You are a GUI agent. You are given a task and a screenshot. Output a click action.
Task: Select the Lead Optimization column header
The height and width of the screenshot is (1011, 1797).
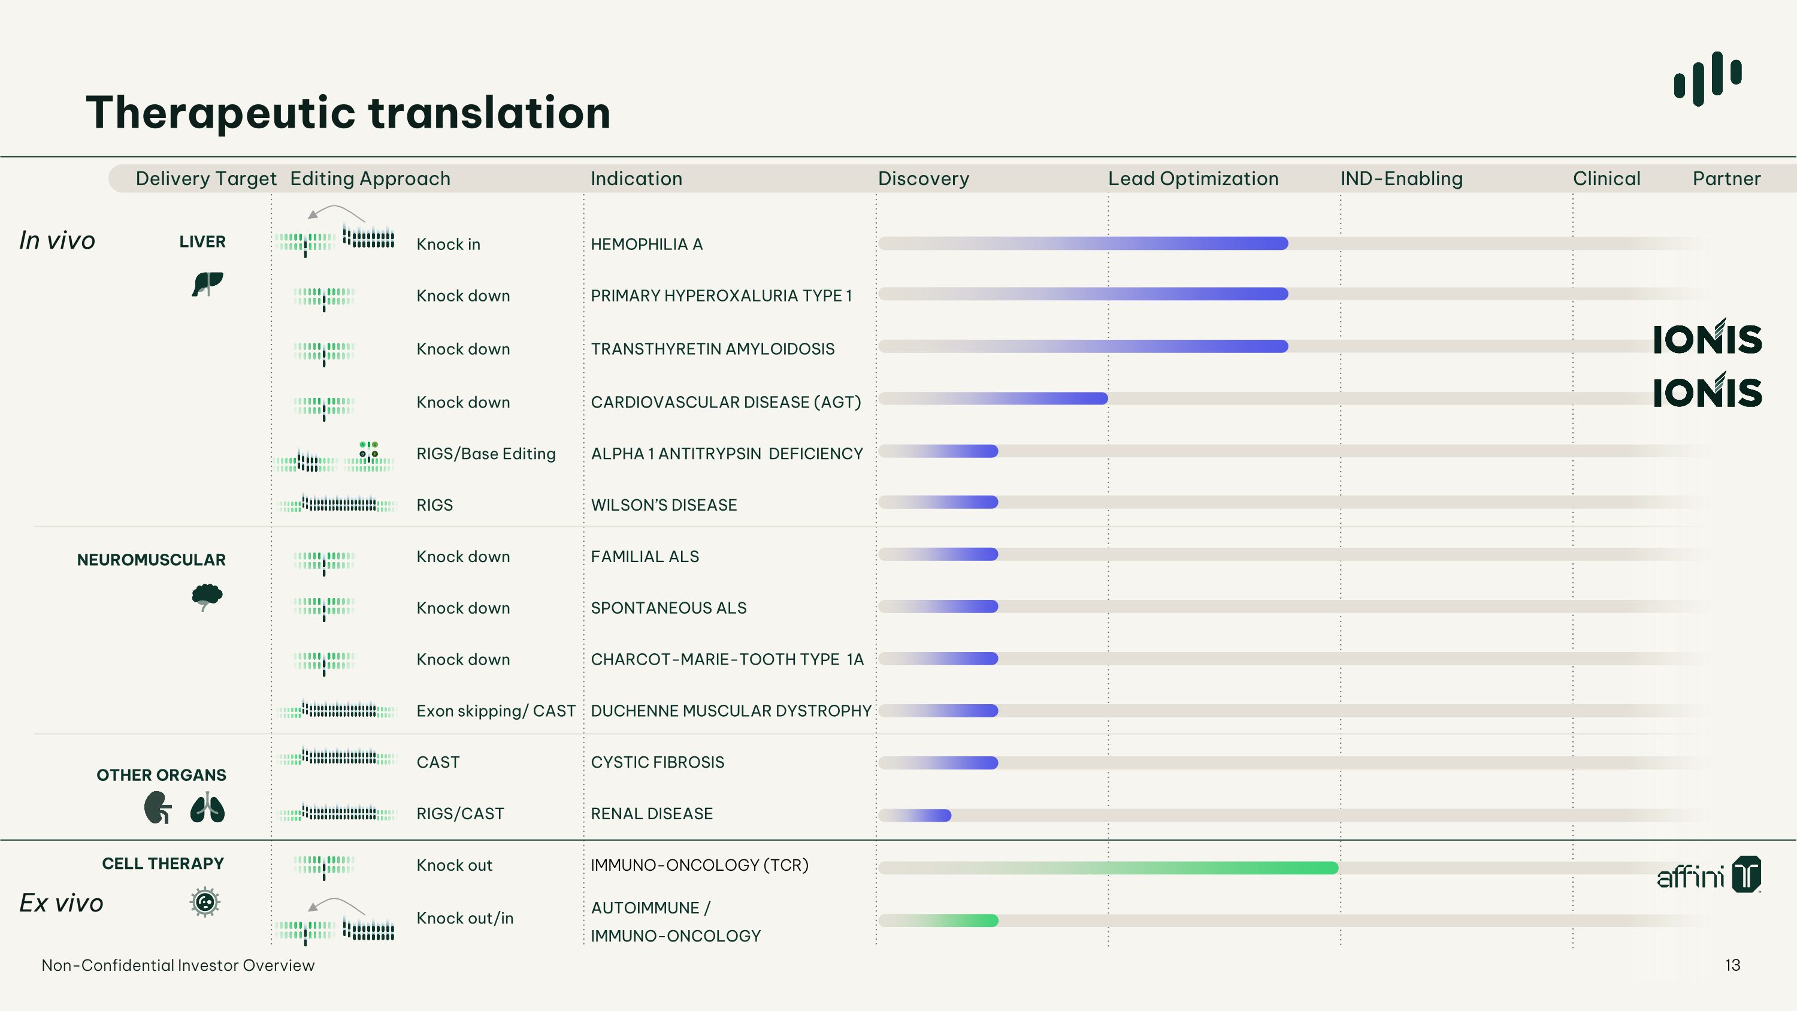click(x=1193, y=179)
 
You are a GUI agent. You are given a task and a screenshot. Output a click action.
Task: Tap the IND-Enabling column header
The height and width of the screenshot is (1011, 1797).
click(x=1402, y=179)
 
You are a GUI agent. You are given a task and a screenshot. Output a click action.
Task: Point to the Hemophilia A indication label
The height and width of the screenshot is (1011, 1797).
click(x=647, y=244)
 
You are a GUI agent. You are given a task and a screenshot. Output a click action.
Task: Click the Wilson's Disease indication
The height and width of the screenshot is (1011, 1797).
click(x=664, y=505)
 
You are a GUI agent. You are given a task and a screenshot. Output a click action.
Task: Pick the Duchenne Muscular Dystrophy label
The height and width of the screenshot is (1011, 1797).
click(x=731, y=711)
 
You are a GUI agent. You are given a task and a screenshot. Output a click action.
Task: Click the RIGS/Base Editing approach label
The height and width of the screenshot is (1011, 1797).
click(x=486, y=454)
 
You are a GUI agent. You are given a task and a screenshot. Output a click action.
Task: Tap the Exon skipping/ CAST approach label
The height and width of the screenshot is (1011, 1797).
click(x=496, y=711)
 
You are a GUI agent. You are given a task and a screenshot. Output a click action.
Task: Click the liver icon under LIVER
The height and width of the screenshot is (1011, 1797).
click(x=207, y=283)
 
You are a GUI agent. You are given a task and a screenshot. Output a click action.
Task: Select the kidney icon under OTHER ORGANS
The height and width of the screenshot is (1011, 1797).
click(x=158, y=808)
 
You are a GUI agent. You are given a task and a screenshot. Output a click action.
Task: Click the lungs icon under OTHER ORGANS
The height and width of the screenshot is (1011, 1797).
click(x=207, y=808)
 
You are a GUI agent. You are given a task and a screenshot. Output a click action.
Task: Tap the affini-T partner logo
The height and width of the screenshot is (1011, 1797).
click(x=1709, y=875)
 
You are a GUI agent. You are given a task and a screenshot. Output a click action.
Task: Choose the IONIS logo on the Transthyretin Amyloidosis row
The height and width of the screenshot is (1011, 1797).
click(x=1707, y=337)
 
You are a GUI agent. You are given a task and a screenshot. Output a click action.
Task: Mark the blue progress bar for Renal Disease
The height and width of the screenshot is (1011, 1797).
click(x=915, y=815)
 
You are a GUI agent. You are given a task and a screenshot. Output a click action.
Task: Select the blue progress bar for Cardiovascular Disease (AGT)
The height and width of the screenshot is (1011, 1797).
click(x=993, y=399)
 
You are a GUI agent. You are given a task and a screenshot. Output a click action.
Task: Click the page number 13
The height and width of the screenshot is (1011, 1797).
click(x=1732, y=965)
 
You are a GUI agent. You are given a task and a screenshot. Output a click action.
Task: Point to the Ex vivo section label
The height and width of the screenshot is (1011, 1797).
click(x=61, y=903)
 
